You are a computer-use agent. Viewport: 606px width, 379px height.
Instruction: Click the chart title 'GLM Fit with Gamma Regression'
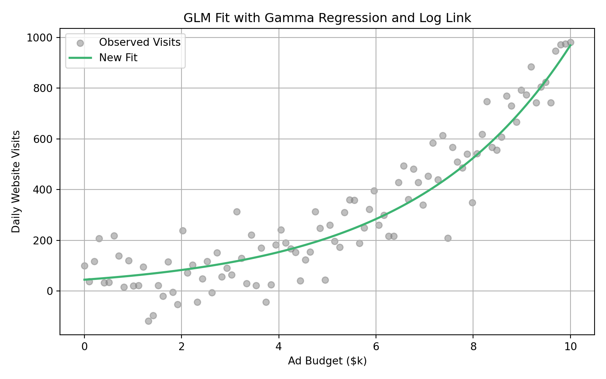pos(327,18)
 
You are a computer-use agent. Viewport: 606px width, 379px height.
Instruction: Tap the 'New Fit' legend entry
pos(118,58)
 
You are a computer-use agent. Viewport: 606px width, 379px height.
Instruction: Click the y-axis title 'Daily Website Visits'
pos(16,182)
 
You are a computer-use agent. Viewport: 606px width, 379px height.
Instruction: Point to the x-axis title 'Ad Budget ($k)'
pos(327,361)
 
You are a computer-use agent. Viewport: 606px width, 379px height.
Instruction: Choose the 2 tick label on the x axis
pos(181,347)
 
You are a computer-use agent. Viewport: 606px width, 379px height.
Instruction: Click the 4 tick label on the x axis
pos(279,347)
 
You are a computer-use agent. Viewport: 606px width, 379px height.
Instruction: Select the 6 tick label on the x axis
pos(376,347)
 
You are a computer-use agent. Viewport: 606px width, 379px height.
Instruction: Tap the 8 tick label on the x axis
pos(473,347)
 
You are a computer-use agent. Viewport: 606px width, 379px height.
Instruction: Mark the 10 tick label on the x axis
pos(570,347)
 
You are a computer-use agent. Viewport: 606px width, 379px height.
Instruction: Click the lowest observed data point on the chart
pos(148,321)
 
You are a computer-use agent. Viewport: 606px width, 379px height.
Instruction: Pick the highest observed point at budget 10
pos(570,42)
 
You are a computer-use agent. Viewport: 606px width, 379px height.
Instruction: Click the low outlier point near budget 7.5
pos(448,238)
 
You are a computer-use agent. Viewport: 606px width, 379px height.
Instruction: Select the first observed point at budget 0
pos(84,266)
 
